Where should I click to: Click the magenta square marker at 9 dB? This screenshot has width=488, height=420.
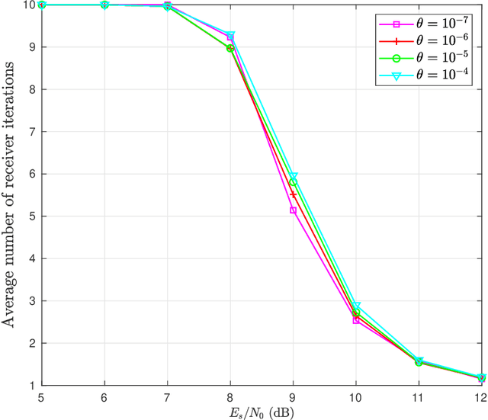293,210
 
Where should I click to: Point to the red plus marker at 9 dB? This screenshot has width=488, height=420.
293,195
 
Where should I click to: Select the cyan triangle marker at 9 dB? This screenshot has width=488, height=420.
293,177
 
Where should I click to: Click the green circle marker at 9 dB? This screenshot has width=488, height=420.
293,183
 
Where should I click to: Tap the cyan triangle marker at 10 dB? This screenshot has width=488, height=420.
356,306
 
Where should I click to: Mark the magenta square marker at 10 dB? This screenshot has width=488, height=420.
356,320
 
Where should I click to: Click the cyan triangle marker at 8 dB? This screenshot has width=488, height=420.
230,36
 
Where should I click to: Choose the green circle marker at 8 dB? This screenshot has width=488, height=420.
230,48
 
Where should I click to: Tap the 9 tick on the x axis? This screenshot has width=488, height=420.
293,397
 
